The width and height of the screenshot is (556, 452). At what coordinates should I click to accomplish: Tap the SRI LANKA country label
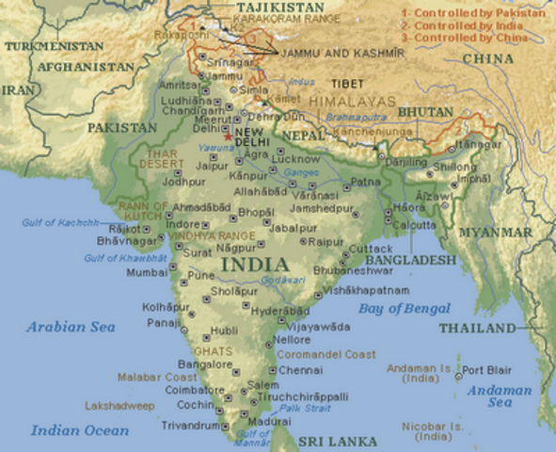[338, 441]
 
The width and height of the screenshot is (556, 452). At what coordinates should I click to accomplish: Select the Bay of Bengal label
[404, 309]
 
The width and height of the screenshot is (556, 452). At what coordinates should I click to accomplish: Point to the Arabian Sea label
[70, 327]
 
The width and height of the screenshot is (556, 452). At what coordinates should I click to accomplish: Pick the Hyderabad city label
[281, 311]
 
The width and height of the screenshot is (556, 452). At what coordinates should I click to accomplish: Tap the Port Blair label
[486, 369]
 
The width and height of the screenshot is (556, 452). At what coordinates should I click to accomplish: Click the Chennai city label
[300, 370]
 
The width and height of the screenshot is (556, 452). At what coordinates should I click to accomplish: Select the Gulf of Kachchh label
[59, 222]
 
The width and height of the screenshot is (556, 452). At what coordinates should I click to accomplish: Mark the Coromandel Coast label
[320, 355]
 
